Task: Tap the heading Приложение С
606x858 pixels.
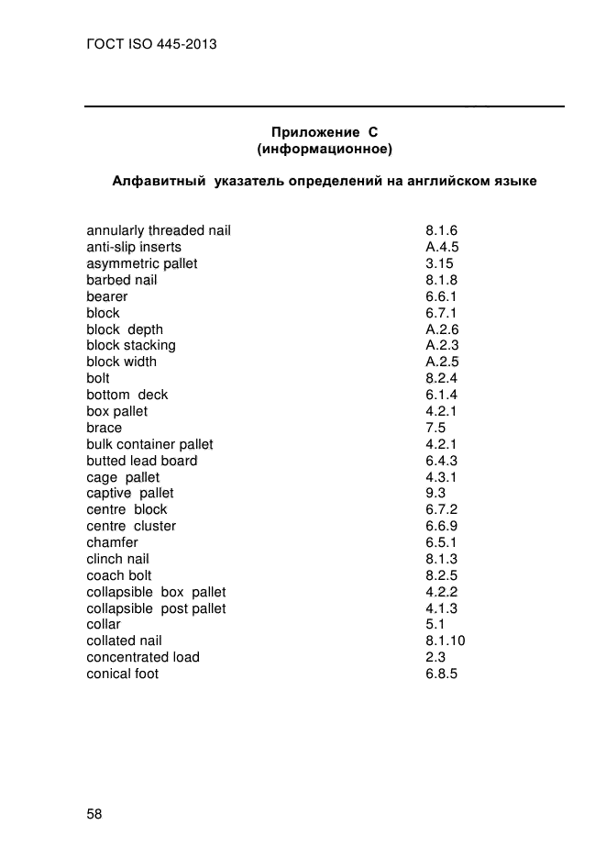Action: point(325,131)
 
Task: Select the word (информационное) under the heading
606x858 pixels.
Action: point(325,148)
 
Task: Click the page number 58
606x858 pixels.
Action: point(94,814)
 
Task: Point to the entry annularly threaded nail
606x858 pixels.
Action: point(159,230)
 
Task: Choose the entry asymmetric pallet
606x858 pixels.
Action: point(142,263)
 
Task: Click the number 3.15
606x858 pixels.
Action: point(439,263)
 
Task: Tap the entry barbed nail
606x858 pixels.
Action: point(122,280)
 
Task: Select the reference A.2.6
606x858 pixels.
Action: point(442,329)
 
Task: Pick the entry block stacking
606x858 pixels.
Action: point(131,345)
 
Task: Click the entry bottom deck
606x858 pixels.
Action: point(127,395)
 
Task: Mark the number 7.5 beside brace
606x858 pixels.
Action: point(435,428)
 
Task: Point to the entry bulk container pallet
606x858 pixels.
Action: point(149,444)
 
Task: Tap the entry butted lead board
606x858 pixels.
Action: point(142,461)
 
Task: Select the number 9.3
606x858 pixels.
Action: point(435,493)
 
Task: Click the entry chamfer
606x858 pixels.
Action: point(113,542)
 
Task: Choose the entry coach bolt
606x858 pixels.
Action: point(119,575)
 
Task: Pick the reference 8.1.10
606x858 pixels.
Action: point(446,641)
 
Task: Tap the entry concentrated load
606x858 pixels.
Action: point(143,657)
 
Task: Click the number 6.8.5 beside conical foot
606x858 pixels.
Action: point(441,674)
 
